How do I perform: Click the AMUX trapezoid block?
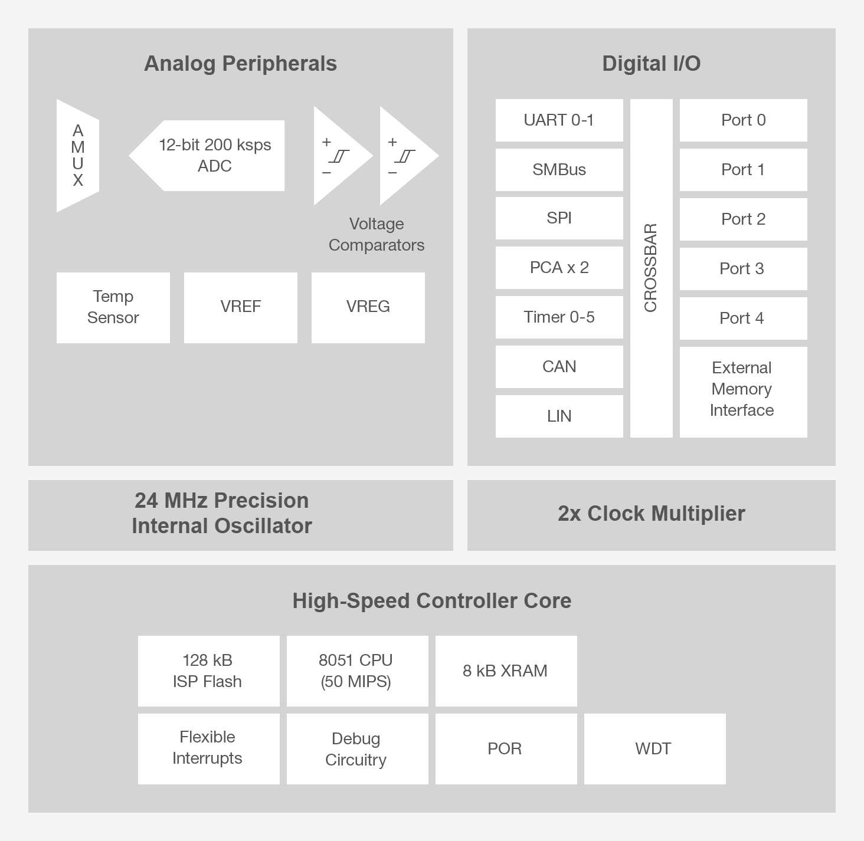tap(78, 156)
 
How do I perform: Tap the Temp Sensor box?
tap(113, 307)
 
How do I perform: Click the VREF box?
tap(241, 307)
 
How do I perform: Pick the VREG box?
tap(368, 307)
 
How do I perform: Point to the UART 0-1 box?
tap(559, 120)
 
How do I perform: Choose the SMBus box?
tap(559, 170)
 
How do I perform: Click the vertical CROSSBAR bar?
tap(651, 268)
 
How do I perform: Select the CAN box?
tap(559, 367)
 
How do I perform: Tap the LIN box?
tap(559, 416)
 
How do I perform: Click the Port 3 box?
tap(743, 269)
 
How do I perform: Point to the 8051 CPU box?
tap(357, 671)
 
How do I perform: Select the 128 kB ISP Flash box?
tap(208, 671)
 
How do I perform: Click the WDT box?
tap(654, 748)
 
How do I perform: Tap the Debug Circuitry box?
tap(357, 748)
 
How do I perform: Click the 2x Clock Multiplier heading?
tap(651, 514)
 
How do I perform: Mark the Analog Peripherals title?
tap(240, 64)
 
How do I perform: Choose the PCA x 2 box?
tap(559, 268)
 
